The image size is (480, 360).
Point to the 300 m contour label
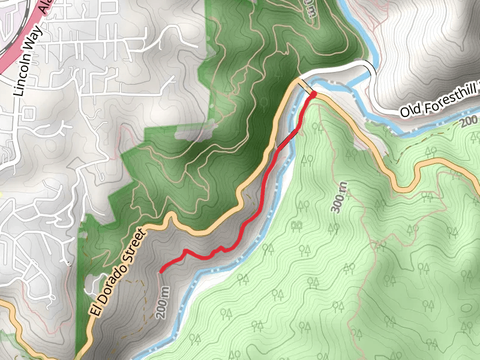pos(340,197)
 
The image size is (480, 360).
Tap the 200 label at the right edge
pos(470,122)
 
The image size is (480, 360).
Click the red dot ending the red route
pos(313,94)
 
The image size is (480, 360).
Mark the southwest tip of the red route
pos(161,271)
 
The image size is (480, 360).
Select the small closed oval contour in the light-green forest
pos(466,307)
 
